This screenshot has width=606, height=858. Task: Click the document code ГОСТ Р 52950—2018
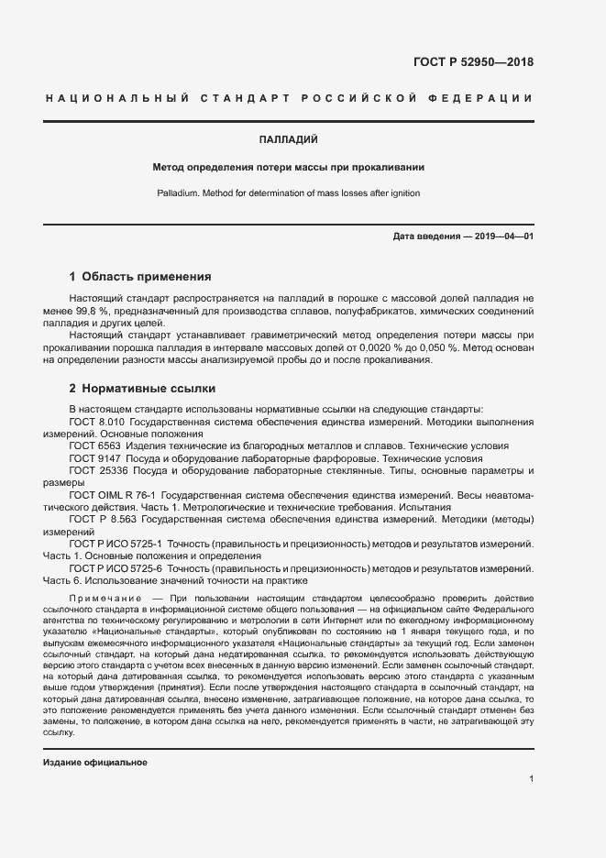point(468,62)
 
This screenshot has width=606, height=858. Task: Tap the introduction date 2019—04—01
point(504,236)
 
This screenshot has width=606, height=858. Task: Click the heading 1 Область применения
point(140,276)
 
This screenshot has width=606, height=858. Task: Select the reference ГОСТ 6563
point(93,445)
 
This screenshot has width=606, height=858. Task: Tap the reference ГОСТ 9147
point(93,457)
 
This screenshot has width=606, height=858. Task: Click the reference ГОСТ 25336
point(96,470)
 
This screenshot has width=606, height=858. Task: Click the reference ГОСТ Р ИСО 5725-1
point(112,544)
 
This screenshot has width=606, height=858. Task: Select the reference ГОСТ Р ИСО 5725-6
point(112,568)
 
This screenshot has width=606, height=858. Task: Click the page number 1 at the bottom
point(531,779)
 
